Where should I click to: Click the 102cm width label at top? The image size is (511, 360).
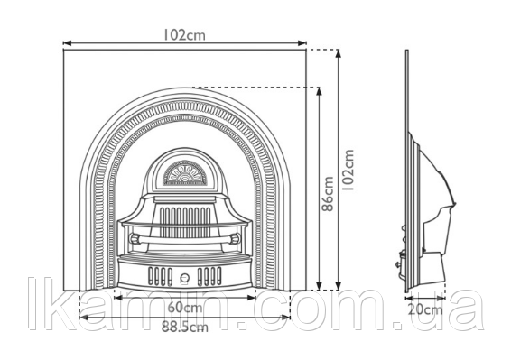tap(184, 35)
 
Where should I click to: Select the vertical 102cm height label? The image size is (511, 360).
tap(348, 170)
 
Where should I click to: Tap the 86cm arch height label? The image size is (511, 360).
tap(329, 194)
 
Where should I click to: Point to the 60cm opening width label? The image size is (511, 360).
tap(185, 308)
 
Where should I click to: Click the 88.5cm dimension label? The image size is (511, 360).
tap(185, 328)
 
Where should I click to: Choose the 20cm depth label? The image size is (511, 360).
tap(425, 309)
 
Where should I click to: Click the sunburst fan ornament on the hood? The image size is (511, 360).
tap(184, 173)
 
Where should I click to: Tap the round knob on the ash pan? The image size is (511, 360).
tap(185, 278)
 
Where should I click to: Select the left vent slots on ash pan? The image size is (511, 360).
tap(160, 276)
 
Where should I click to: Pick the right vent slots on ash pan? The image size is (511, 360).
tap(209, 276)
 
